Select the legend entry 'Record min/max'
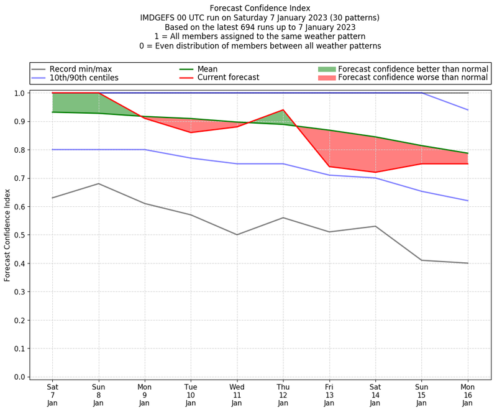tap(80, 68)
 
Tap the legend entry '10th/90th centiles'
tap(84, 78)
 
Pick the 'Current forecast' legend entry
tap(228, 78)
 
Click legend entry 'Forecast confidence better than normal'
tap(413, 68)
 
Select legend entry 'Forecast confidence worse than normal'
tap(413, 78)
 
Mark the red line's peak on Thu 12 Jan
tap(283, 110)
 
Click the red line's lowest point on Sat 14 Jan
tap(375, 172)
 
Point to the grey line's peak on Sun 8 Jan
tap(98, 183)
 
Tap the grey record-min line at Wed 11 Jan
tap(237, 235)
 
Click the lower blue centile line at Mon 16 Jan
tap(468, 201)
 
